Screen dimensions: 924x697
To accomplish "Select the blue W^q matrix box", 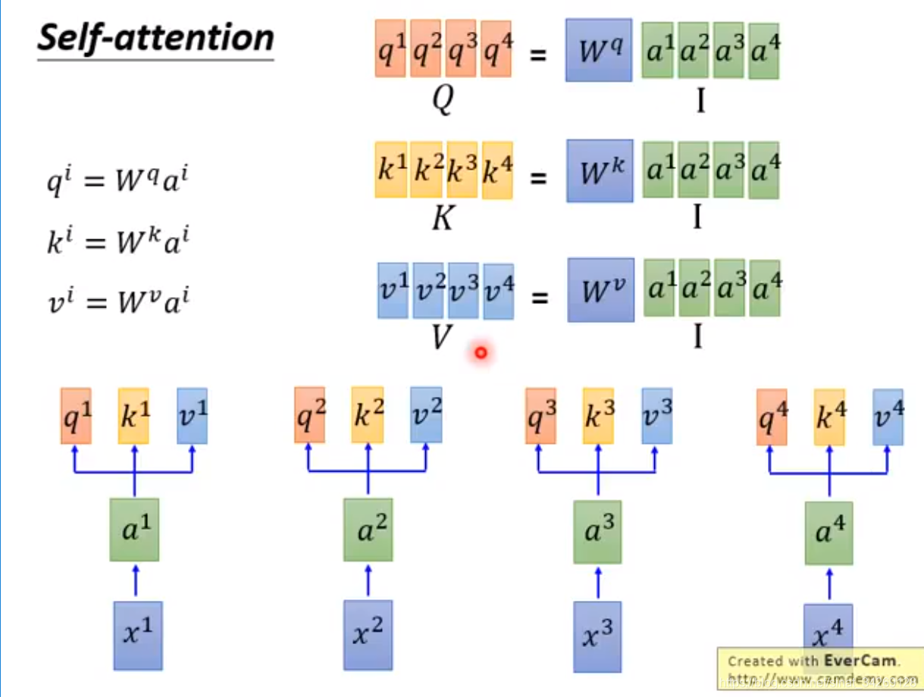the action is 598,50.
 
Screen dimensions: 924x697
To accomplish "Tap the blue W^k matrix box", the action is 598,170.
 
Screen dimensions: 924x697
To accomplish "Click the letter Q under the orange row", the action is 442,98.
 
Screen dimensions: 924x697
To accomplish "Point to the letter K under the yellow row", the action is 442,218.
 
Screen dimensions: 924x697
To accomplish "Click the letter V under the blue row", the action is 441,338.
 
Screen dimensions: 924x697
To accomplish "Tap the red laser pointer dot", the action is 481,352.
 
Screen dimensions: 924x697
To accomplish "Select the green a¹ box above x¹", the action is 134,530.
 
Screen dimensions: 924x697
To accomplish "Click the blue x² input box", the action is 368,635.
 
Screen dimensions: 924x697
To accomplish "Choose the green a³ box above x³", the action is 597,532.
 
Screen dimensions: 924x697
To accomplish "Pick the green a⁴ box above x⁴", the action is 828,533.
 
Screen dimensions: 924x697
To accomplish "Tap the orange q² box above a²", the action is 310,415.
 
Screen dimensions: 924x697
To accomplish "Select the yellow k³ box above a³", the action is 598,416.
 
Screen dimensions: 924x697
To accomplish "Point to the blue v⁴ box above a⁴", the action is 888,417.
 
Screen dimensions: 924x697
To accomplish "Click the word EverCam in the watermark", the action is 860,661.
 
